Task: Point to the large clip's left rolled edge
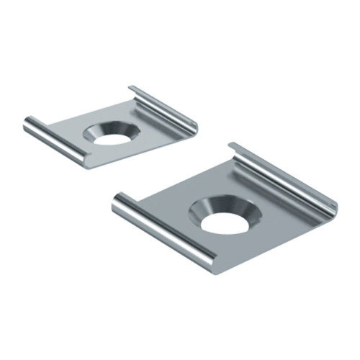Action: (x=162, y=230)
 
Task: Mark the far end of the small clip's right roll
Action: (x=134, y=90)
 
